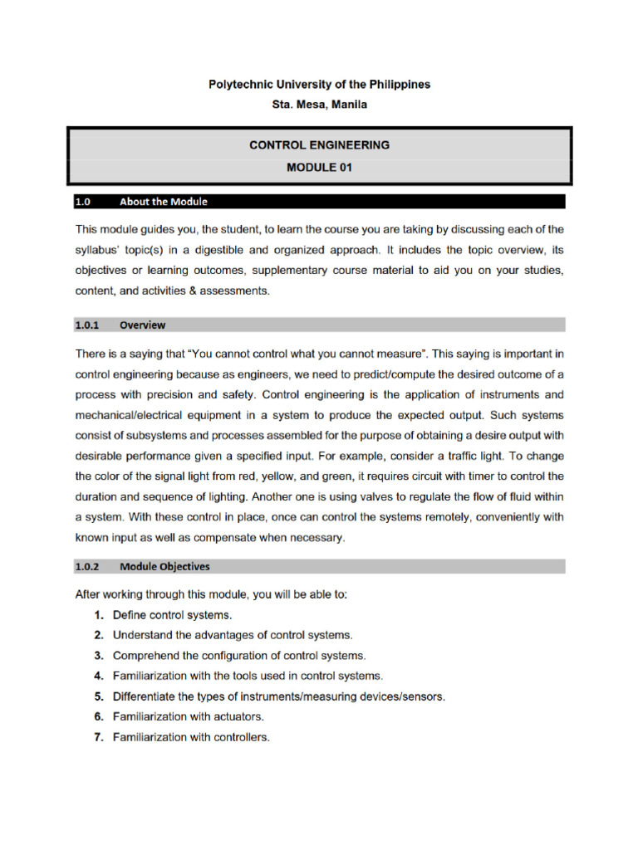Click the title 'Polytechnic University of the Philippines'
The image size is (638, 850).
pyautogui.click(x=319, y=85)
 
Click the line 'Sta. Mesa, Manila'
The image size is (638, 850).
pyautogui.click(x=319, y=105)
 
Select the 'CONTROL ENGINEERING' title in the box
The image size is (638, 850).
pyautogui.click(x=319, y=145)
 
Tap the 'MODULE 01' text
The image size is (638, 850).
pyautogui.click(x=319, y=167)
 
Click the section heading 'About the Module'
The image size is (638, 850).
pyautogui.click(x=164, y=202)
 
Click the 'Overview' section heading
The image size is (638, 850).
pyautogui.click(x=142, y=325)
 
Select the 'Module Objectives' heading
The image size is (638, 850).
pyautogui.click(x=164, y=567)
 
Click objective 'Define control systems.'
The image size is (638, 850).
pyautogui.click(x=172, y=615)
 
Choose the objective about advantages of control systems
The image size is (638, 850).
pyautogui.click(x=233, y=635)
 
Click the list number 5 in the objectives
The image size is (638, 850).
pyautogui.click(x=98, y=696)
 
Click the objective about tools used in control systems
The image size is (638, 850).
pyautogui.click(x=248, y=676)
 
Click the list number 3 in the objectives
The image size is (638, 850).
pyautogui.click(x=98, y=656)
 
